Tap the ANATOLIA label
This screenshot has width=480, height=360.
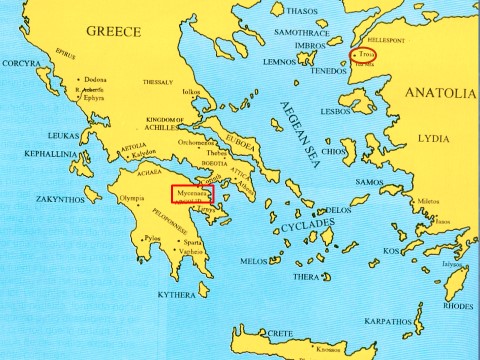pyautogui.click(x=441, y=93)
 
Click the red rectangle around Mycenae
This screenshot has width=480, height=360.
pyautogui.click(x=192, y=193)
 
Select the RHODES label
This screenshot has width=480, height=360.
pyautogui.click(x=458, y=306)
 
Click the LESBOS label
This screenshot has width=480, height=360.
pyautogui.click(x=334, y=111)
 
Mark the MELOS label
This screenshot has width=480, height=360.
pyautogui.click(x=255, y=261)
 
